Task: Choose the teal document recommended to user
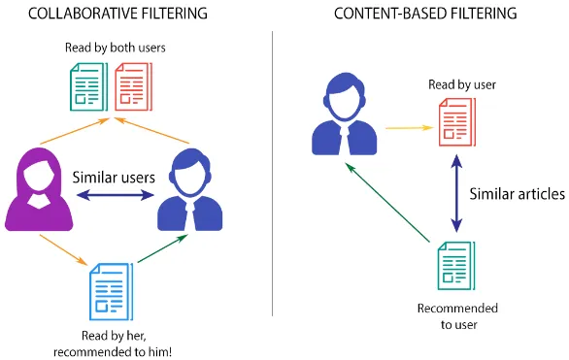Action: point(455,265)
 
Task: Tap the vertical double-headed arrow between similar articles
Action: point(455,195)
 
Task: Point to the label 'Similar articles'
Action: point(517,194)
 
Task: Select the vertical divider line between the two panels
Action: point(273,175)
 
